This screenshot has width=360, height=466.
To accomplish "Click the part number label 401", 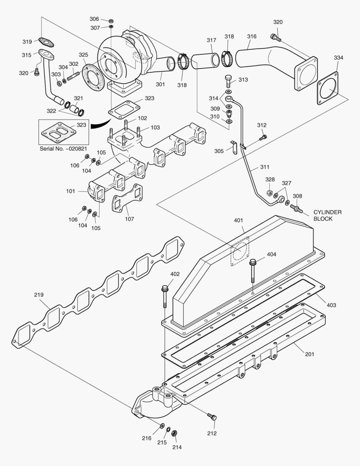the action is pyautogui.click(x=238, y=220).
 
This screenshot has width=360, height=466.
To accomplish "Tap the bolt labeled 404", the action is pyautogui.click(x=253, y=271).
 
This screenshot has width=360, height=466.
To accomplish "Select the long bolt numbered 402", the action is pyautogui.click(x=165, y=296).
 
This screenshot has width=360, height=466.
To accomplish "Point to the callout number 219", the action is pyautogui.click(x=39, y=295).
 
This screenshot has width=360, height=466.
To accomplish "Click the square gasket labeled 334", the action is pyautogui.click(x=328, y=88).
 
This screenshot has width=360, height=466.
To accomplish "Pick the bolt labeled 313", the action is pyautogui.click(x=228, y=81).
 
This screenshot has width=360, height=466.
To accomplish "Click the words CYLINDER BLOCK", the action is pyautogui.click(x=327, y=215).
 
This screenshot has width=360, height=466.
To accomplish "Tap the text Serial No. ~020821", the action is pyautogui.click(x=63, y=148).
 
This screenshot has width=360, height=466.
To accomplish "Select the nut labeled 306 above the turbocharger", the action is pyautogui.click(x=111, y=21).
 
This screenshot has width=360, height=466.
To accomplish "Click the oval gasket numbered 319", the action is pyautogui.click(x=46, y=42).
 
